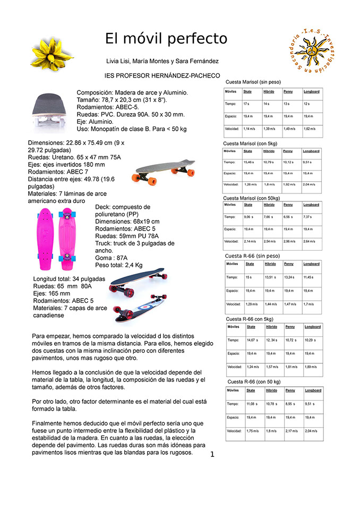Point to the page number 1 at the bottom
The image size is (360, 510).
pos(212,454)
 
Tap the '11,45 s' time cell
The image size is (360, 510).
pos(311,277)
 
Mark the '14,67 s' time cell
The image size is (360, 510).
pos(252,340)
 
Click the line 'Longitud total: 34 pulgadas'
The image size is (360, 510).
pos(72,279)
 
